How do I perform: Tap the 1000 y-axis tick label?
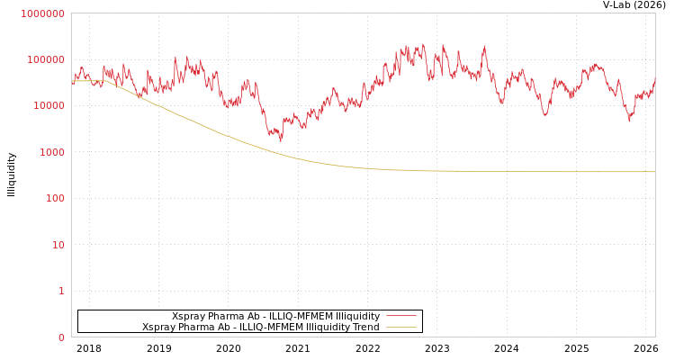50,152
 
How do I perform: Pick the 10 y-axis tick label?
57,245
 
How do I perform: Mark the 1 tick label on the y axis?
61,291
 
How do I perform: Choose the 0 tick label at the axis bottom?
61,337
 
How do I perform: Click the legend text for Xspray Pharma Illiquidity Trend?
260,328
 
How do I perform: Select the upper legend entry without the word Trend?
275,317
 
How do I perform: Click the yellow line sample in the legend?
400,328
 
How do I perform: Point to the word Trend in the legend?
365,328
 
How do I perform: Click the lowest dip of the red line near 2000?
281,140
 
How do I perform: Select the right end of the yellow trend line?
654,172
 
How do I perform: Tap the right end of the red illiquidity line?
654,78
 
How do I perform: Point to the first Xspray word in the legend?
188,317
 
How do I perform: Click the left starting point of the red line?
72,83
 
